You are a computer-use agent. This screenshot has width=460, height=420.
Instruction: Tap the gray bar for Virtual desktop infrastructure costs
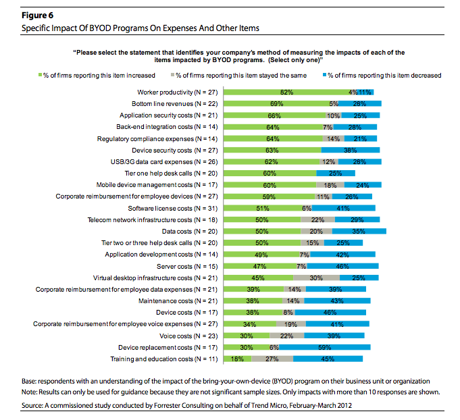(x=315, y=278)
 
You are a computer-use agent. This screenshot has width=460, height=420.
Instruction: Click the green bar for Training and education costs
(x=237, y=359)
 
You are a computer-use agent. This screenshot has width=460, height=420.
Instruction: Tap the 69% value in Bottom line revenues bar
(x=276, y=103)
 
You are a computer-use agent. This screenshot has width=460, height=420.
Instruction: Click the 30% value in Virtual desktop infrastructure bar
(x=315, y=278)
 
